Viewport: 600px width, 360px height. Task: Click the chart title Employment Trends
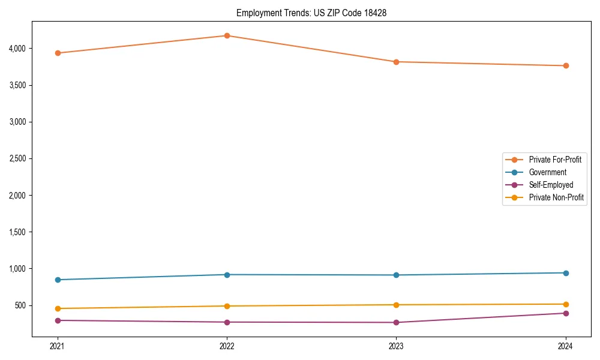(x=311, y=13)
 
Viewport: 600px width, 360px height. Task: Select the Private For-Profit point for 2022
(x=227, y=35)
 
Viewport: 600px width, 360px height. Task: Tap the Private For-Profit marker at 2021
(x=58, y=53)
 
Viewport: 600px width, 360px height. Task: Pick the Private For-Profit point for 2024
(x=566, y=65)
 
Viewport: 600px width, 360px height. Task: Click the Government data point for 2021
(x=58, y=280)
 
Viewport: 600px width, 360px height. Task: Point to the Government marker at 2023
(x=397, y=275)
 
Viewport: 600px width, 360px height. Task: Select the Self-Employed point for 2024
(x=566, y=313)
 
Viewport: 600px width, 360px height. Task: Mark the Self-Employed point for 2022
(x=227, y=322)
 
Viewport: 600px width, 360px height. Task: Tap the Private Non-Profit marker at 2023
(x=397, y=305)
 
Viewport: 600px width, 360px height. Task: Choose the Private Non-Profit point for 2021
(x=58, y=308)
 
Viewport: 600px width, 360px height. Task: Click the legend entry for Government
(x=547, y=172)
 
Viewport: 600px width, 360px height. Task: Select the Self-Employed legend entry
(x=551, y=185)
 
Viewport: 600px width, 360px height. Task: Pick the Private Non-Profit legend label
(x=556, y=197)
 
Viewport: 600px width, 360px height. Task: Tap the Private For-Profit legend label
(x=555, y=160)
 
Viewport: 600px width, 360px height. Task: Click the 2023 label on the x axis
(x=397, y=346)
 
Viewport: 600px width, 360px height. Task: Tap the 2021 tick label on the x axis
(x=58, y=346)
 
